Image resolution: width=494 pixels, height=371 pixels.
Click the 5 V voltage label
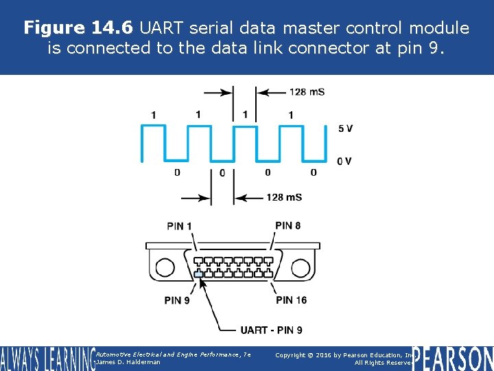345,128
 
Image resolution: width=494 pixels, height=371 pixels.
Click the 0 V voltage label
344,161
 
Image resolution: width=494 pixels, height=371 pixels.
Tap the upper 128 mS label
307,92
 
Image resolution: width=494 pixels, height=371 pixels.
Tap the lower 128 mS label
284,198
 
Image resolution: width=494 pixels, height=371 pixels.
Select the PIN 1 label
179,226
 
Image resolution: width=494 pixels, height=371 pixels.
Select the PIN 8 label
287,225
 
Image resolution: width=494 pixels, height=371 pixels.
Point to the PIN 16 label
291,300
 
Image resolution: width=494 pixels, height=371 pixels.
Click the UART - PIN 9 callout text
272,330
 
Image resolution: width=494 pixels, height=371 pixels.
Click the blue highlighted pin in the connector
198,274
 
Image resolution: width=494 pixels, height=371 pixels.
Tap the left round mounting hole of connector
165,267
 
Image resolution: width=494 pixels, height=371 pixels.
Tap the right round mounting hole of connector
302,267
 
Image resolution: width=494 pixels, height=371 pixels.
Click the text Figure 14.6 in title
78,28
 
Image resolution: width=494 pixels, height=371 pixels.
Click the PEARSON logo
453,359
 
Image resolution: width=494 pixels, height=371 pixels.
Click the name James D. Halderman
129,362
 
